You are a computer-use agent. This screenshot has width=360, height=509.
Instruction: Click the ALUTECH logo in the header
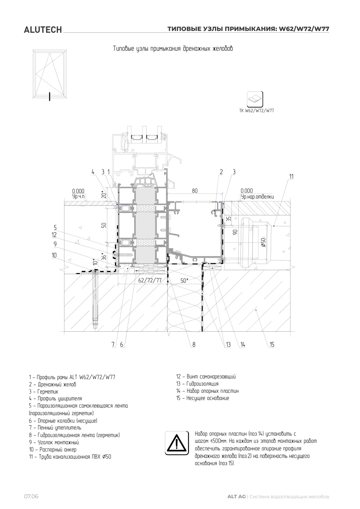(43, 30)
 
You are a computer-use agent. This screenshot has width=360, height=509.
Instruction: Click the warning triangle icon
(177, 443)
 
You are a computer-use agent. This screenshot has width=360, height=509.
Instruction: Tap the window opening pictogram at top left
(50, 75)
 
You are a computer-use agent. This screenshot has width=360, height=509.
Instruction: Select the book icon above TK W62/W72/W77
(255, 99)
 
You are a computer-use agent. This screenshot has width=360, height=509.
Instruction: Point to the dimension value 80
(195, 191)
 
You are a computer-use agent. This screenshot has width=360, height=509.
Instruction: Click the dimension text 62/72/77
(150, 280)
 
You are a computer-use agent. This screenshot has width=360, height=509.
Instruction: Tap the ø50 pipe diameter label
(263, 243)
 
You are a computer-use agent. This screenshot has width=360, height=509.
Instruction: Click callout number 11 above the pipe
(291, 177)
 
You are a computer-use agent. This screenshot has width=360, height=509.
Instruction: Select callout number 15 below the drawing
(272, 345)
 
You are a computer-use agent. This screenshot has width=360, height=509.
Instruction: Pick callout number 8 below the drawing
(194, 345)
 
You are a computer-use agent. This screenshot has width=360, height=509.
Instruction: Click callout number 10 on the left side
(54, 255)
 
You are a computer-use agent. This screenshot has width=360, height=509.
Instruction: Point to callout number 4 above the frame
(93, 172)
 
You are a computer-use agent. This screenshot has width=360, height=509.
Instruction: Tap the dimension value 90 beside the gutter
(235, 232)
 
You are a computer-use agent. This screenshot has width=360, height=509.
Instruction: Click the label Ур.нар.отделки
(257, 197)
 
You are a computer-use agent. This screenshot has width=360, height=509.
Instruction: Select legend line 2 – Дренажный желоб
(53, 385)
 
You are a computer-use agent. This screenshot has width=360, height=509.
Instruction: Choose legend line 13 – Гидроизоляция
(197, 384)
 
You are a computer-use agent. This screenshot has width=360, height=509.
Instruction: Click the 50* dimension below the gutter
(184, 281)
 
